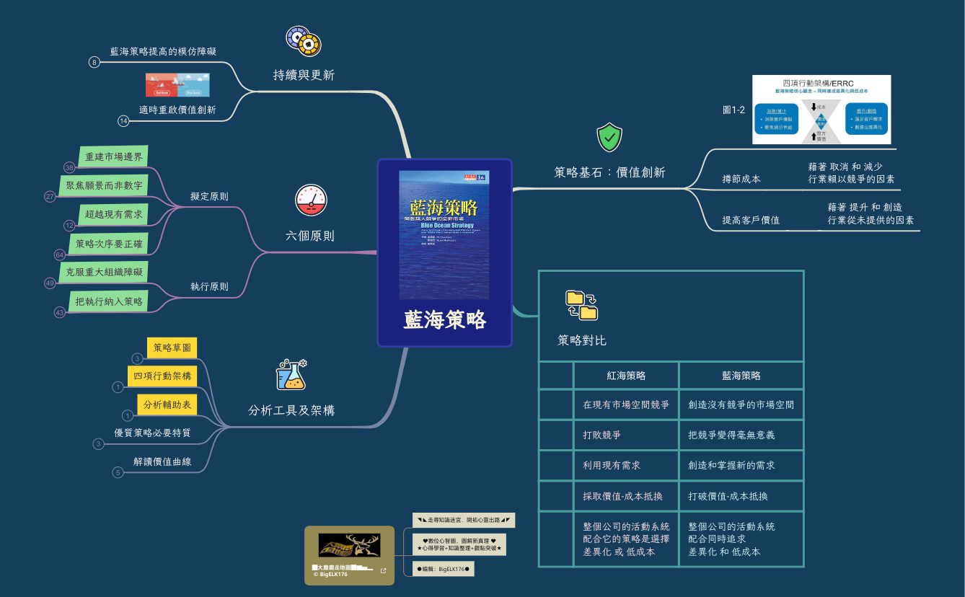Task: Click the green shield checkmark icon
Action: [x=609, y=138]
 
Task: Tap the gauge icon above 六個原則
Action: [x=311, y=200]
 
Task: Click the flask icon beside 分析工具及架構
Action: [x=291, y=374]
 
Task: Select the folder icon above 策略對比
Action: [x=581, y=304]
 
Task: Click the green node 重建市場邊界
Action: [x=114, y=156]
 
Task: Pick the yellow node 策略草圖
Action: [x=172, y=348]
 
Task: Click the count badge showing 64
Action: [x=60, y=255]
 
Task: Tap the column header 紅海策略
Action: [x=625, y=376]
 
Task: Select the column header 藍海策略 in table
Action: [x=741, y=376]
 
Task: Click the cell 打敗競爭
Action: [x=602, y=435]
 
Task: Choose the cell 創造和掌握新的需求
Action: [x=731, y=466]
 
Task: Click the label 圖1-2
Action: [x=733, y=110]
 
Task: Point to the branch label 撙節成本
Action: [x=741, y=179]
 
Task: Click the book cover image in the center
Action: [x=444, y=235]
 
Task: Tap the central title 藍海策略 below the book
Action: [x=444, y=320]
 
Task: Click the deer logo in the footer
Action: [x=349, y=545]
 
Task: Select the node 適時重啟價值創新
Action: [x=177, y=110]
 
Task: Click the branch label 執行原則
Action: [x=209, y=286]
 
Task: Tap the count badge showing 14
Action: [x=123, y=121]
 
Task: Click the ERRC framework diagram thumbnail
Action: [x=821, y=110]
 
